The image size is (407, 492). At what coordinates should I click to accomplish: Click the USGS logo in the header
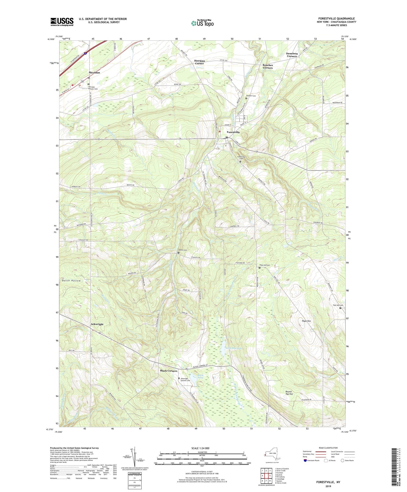(62, 22)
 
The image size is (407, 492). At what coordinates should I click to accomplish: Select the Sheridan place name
(94, 73)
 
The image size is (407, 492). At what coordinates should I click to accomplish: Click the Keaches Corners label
(268, 66)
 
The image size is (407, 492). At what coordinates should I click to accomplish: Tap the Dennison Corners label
(292, 55)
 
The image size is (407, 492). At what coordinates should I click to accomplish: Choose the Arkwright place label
(97, 324)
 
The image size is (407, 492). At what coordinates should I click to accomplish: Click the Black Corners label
(168, 371)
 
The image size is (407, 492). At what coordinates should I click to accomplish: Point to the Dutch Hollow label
(70, 281)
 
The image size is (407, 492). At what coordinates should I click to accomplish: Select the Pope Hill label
(306, 321)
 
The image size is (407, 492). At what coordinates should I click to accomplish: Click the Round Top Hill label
(289, 393)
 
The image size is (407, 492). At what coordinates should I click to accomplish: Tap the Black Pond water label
(200, 376)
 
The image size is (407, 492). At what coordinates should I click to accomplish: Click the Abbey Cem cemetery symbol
(179, 253)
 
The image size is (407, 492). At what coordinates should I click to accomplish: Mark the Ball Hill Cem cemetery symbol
(340, 308)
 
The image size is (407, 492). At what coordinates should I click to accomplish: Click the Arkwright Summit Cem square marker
(179, 378)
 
